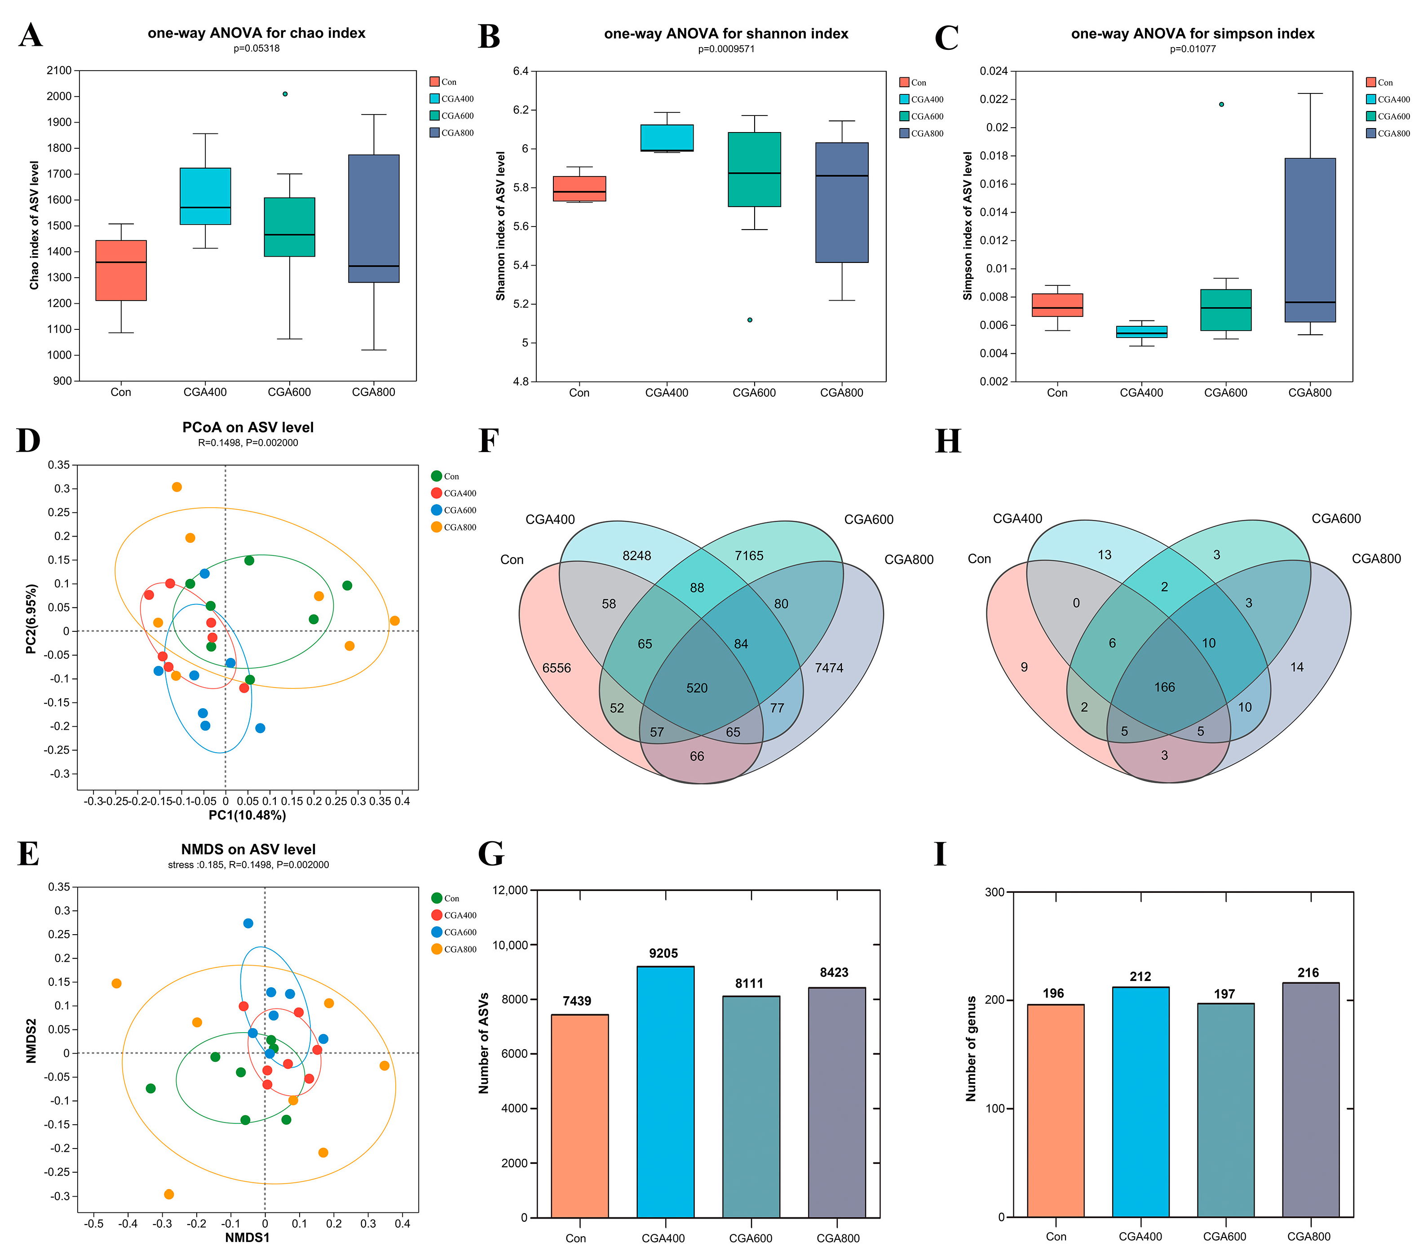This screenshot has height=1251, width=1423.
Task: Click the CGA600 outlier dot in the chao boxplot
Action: [x=285, y=94]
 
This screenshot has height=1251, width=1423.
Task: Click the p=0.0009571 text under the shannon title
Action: [x=726, y=49]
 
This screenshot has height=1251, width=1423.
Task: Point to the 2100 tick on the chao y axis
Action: [x=59, y=71]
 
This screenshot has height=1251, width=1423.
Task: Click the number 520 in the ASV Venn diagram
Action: [x=696, y=688]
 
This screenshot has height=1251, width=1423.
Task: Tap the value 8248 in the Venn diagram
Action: [x=636, y=556]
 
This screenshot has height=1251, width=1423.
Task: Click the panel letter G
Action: [x=491, y=854]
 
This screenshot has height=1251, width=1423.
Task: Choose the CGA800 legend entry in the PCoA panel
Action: [x=454, y=527]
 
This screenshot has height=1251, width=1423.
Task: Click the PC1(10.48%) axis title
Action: [x=247, y=815]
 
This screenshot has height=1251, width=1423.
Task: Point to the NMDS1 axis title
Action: [x=247, y=1237]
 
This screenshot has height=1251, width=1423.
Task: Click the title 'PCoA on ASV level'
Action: [x=248, y=428]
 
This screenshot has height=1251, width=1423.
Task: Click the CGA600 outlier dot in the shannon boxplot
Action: [x=750, y=320]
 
